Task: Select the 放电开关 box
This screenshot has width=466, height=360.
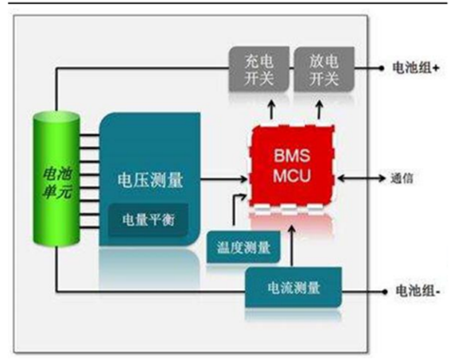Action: point(319,70)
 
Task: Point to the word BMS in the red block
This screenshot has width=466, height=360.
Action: point(291,157)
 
